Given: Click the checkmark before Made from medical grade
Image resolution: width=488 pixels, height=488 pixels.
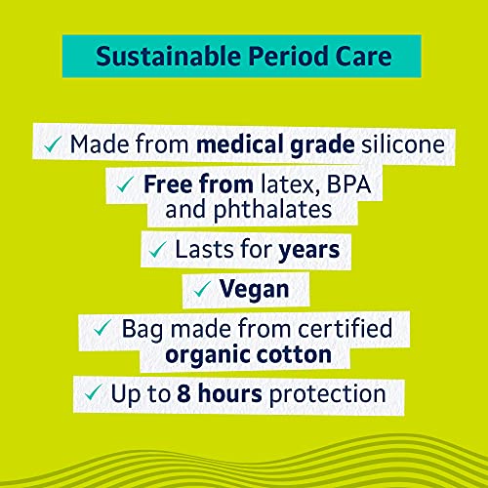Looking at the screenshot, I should coord(53,143).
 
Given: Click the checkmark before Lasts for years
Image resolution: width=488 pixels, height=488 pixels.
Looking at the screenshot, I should coord(155,251).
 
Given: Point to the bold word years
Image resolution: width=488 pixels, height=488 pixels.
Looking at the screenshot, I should coord(307,251).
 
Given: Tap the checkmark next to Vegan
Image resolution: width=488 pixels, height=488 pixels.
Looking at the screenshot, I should coord(200,290).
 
